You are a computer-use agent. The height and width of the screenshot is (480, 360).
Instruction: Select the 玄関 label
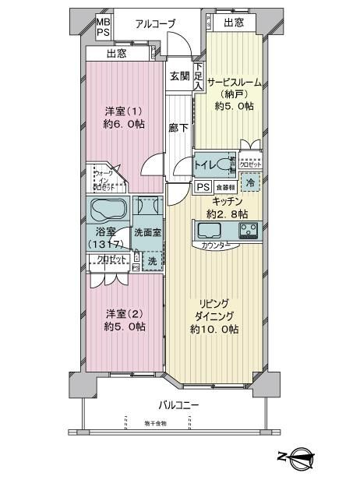[x=180, y=76]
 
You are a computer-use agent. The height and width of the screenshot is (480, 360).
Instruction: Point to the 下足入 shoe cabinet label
[x=199, y=79]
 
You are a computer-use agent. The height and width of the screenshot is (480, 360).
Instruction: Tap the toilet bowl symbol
[x=228, y=164]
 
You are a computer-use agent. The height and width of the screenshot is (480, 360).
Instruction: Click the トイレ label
[x=206, y=164]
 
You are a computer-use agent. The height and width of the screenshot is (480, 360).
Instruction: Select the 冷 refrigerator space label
[x=251, y=182]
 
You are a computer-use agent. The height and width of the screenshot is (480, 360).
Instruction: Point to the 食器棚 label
[x=225, y=188]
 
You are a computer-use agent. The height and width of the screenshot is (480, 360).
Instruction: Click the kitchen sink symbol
[x=210, y=231]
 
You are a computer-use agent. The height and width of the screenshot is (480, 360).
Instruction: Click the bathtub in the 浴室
[x=108, y=210]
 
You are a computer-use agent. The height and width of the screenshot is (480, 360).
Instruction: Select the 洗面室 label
[x=146, y=231]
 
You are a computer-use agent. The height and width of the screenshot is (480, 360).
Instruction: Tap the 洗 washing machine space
[x=153, y=261]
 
